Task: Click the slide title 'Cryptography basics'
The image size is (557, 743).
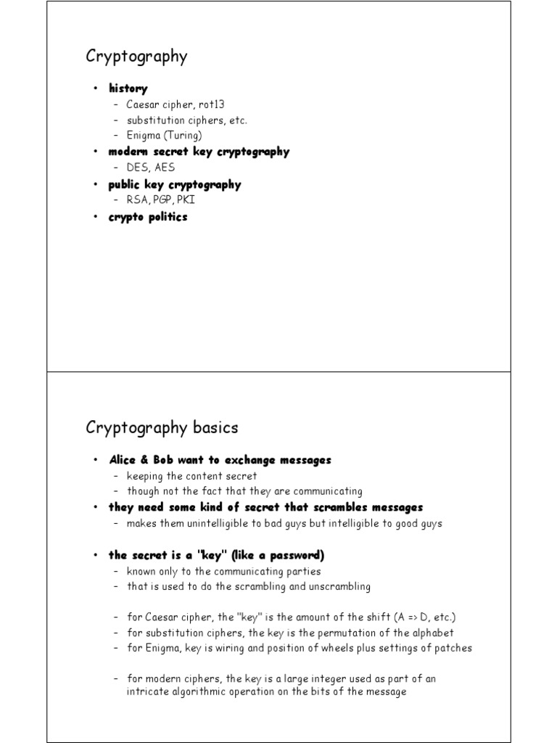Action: tap(162, 427)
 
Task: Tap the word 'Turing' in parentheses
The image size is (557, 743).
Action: tap(184, 135)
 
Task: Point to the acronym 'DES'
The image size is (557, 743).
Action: tap(138, 168)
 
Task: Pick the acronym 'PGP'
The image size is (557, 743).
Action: tap(163, 200)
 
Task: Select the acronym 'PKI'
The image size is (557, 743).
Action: tap(186, 200)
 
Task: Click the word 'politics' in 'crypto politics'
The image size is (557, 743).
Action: tap(168, 217)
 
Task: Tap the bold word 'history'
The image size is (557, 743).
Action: tap(128, 89)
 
